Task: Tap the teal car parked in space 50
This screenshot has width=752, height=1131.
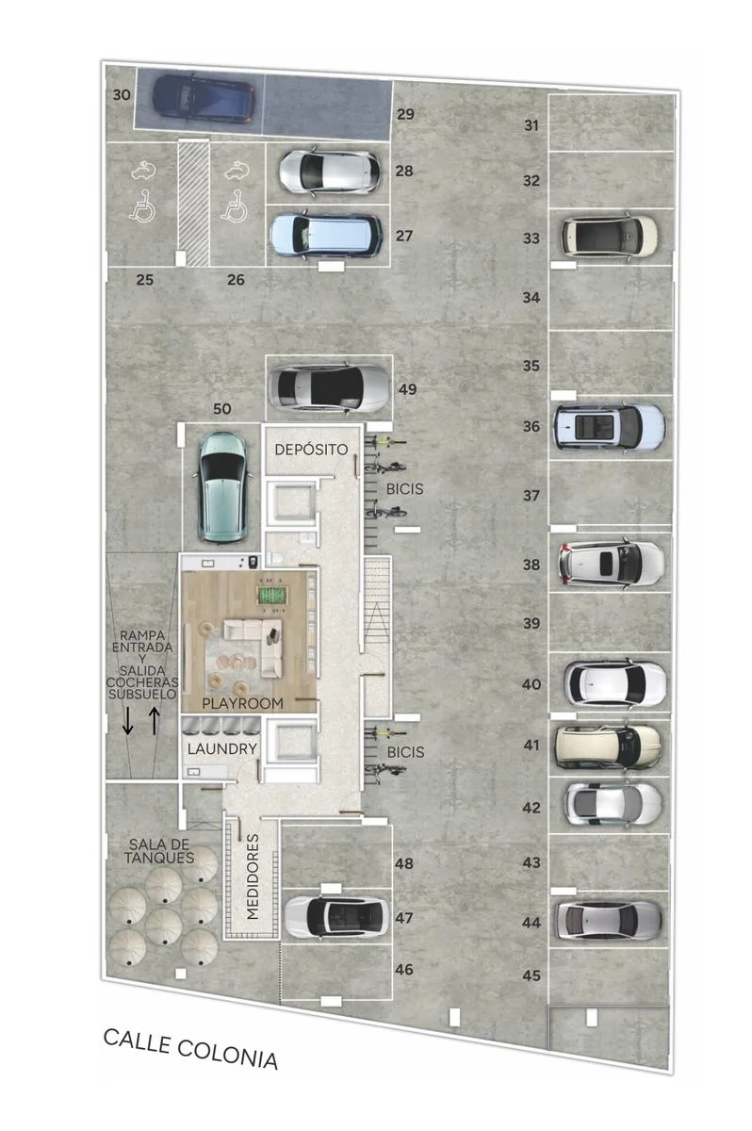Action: (x=222, y=487)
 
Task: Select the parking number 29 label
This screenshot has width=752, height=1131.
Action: (x=405, y=114)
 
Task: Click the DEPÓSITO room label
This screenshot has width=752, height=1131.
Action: (x=311, y=449)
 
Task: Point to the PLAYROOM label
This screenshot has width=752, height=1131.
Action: (x=242, y=703)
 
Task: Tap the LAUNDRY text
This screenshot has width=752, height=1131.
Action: (x=222, y=748)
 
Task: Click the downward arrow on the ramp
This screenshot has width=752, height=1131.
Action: (x=127, y=720)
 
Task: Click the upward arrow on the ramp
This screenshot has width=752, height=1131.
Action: (x=154, y=720)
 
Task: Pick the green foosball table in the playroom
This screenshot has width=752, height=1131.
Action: (x=272, y=596)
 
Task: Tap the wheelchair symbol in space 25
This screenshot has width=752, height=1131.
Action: (x=141, y=206)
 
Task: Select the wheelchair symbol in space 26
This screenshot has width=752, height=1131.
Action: (x=235, y=206)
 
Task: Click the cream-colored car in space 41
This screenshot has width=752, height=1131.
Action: (x=608, y=746)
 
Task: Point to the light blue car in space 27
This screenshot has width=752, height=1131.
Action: (x=325, y=236)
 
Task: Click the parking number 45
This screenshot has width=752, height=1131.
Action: (x=531, y=975)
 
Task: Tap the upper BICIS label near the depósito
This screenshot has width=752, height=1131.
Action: (x=405, y=489)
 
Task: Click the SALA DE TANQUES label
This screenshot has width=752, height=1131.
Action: (x=159, y=851)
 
